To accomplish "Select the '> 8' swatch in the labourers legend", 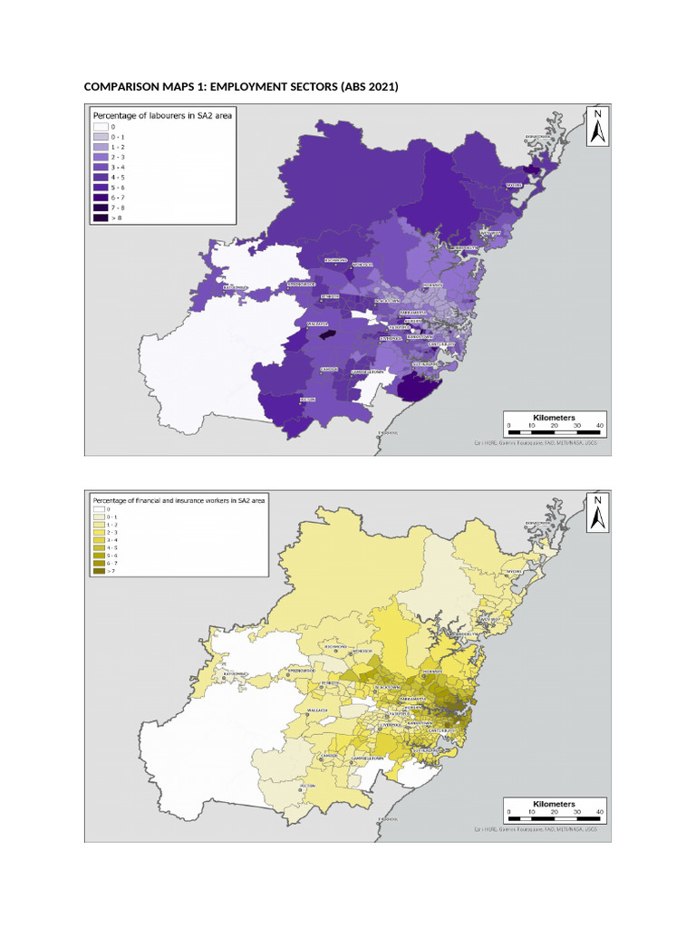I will click(x=99, y=217).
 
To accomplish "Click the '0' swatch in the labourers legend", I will click(x=99, y=126).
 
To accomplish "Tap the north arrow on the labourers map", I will click(x=597, y=126).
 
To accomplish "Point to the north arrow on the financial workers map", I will click(x=597, y=513).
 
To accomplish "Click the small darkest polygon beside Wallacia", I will click(x=325, y=334).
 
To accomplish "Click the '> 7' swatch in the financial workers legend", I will click(x=99, y=572).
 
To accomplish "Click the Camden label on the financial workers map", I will click(x=329, y=756).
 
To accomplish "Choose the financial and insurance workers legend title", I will click(x=177, y=500).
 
